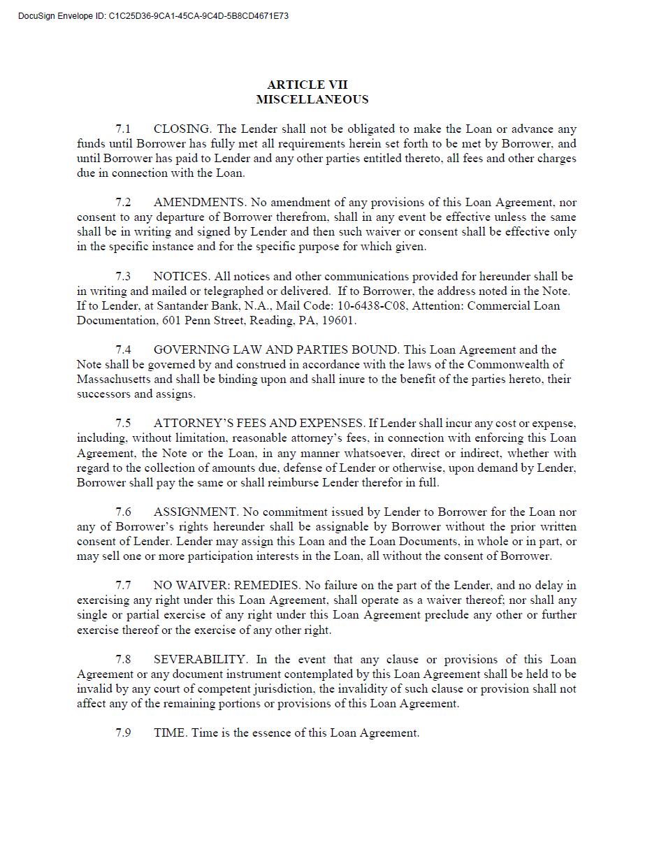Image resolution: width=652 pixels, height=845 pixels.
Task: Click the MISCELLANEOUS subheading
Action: click(x=312, y=99)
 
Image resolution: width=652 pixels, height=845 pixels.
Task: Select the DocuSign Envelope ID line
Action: click(x=153, y=15)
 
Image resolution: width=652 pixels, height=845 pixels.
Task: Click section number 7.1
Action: click(x=123, y=129)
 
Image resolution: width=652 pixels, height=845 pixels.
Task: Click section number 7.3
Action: click(x=123, y=276)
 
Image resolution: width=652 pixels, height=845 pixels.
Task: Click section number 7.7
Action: click(x=123, y=586)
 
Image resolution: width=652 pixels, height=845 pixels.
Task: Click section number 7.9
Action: click(x=123, y=733)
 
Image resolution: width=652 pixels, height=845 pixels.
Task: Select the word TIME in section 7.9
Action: click(x=170, y=733)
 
